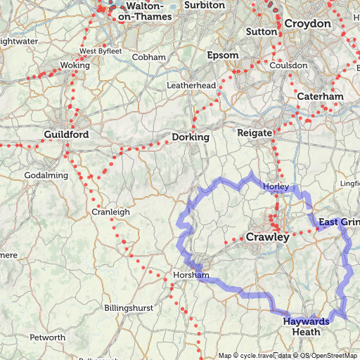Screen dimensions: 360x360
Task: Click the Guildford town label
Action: [66, 134]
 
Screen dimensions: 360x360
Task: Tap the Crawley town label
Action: [267, 238]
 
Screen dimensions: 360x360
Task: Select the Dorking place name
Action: [191, 137]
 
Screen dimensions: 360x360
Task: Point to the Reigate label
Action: [255, 132]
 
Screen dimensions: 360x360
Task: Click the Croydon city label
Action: [307, 24]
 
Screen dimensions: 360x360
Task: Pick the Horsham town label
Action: [191, 275]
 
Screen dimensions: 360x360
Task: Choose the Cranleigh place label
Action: [110, 212]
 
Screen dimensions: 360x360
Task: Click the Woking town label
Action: [75, 65]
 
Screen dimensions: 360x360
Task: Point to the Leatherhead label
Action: [191, 85]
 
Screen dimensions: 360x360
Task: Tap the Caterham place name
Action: [320, 96]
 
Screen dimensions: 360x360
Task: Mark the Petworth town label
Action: [47, 337]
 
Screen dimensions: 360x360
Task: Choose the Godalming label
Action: [46, 175]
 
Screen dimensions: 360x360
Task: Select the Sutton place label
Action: [262, 32]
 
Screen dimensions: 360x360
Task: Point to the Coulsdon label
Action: [288, 65]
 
